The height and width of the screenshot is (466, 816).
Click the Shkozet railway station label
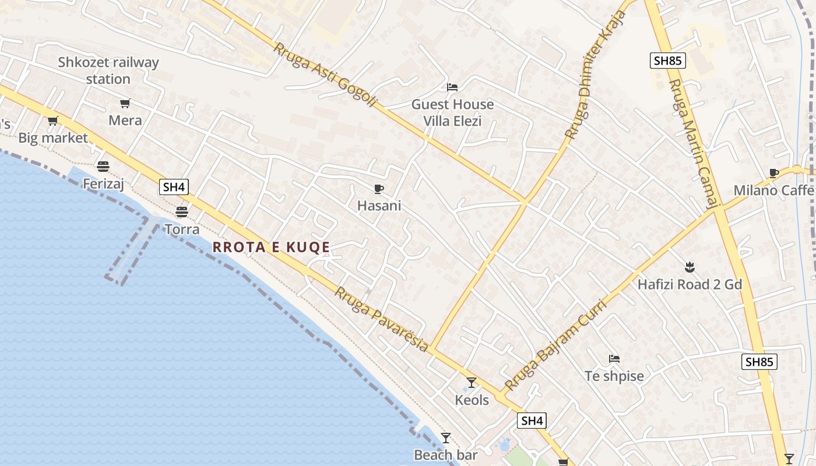click(108, 70)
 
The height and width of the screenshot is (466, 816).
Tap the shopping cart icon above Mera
click(125, 104)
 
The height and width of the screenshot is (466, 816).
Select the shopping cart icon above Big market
click(53, 121)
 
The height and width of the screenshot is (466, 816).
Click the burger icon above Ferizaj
click(104, 167)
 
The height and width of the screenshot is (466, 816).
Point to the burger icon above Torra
click(182, 211)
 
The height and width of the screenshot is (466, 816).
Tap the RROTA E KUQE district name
click(272, 247)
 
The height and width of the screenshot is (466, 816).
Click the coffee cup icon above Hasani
click(379, 189)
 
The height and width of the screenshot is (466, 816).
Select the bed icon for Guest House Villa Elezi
click(452, 87)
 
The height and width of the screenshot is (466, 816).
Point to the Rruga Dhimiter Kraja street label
click(595, 75)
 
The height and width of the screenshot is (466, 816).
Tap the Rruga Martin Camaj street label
click(693, 143)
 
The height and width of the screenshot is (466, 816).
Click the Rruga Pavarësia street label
click(381, 319)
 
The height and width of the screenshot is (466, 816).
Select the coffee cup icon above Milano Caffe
click(774, 173)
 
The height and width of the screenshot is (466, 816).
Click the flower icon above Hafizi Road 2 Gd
click(690, 267)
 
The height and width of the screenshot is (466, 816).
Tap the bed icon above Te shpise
click(614, 359)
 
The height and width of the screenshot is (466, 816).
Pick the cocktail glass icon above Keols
click(472, 383)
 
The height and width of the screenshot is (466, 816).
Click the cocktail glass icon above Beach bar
click(446, 438)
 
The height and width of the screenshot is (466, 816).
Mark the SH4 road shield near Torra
click(174, 187)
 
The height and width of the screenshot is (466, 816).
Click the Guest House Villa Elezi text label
click(452, 112)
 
